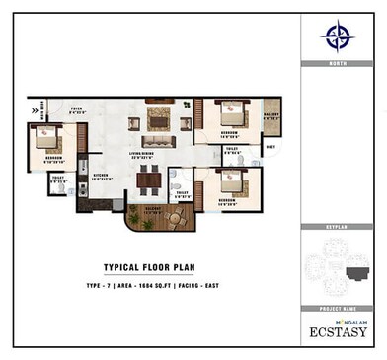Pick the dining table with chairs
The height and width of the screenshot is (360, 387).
(148, 180)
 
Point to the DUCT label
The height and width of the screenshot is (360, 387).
(270, 149)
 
